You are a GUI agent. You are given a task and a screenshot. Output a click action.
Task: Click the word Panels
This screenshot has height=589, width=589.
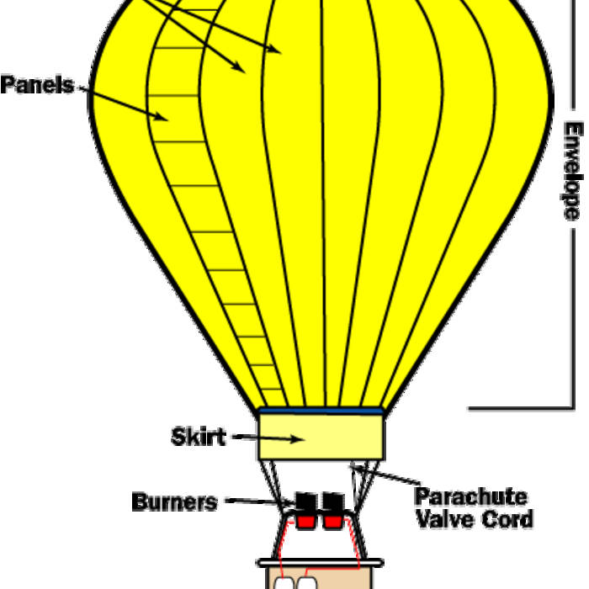click(x=36, y=86)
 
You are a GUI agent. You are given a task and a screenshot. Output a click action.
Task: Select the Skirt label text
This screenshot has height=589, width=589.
click(x=198, y=438)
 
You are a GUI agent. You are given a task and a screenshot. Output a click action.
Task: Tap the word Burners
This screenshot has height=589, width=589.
click(x=174, y=502)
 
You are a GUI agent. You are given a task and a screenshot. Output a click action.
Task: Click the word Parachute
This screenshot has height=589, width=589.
click(x=470, y=496)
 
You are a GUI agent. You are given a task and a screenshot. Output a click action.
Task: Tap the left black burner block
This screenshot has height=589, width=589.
click(x=305, y=503)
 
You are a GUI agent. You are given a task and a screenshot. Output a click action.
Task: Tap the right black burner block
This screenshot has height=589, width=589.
click(x=334, y=503)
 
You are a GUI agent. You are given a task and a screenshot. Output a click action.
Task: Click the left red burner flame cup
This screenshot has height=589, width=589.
click(x=305, y=522)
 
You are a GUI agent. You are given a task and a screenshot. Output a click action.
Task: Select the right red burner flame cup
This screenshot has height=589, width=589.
click(x=333, y=522)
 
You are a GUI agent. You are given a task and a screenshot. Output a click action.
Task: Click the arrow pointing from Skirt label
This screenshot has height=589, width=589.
click(x=268, y=438)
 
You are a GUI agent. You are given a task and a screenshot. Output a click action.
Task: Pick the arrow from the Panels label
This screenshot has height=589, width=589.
click(x=126, y=101)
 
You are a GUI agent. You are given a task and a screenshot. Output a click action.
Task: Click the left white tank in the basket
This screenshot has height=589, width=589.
click(x=284, y=582)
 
